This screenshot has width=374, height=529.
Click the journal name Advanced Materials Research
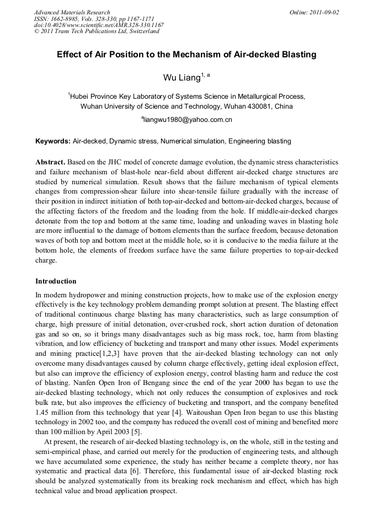(72, 12)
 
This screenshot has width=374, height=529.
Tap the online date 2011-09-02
(324, 12)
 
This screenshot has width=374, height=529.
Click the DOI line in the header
(99, 25)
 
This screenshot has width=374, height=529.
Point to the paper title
(186, 55)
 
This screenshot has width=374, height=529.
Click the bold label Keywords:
(52, 141)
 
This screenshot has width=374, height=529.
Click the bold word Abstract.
(50, 163)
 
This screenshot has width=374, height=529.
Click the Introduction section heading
(56, 281)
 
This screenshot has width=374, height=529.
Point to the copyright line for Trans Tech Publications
(97, 31)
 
